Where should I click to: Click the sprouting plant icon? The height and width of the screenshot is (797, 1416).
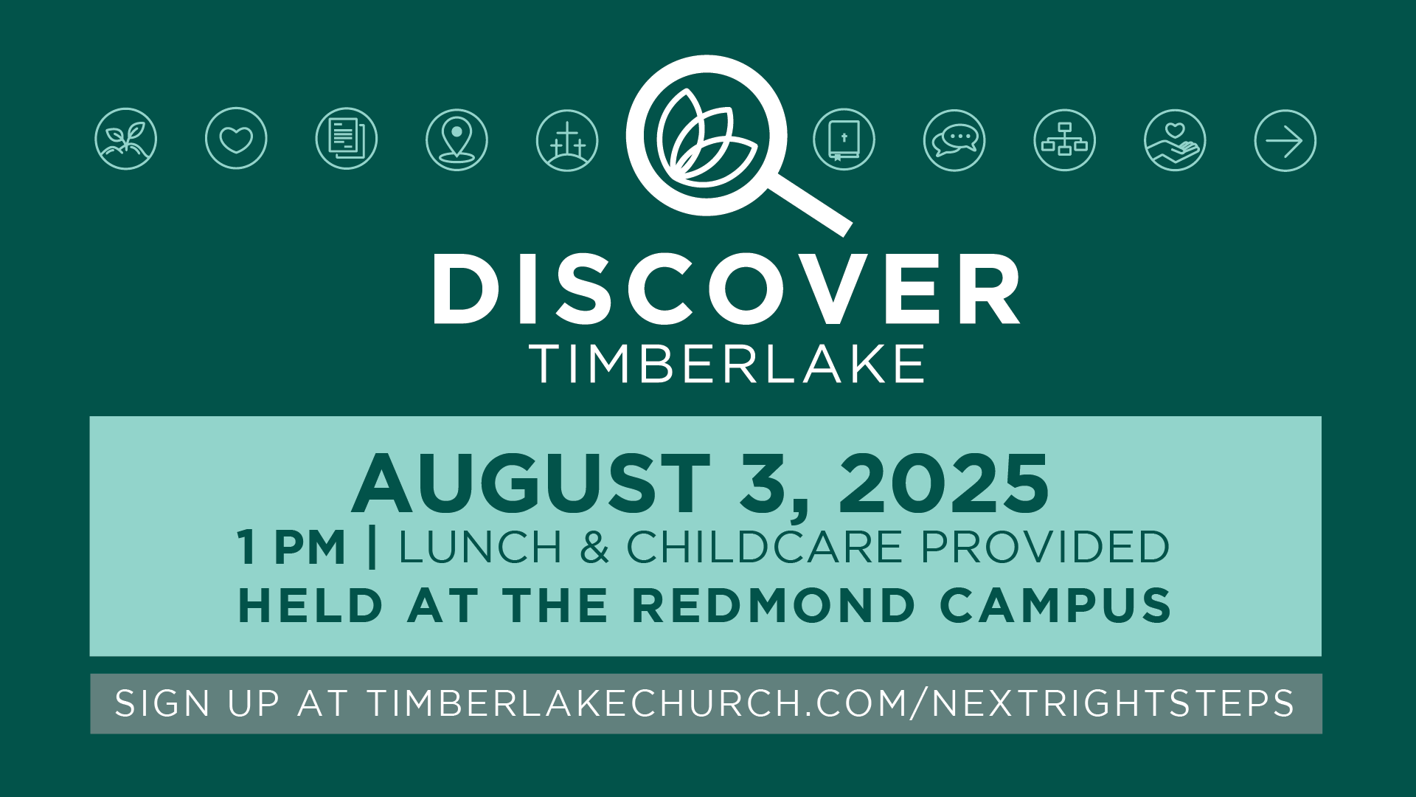coord(126,139)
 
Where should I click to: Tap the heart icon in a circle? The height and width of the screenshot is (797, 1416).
coord(236,139)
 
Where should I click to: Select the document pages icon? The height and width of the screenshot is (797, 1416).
coord(347,139)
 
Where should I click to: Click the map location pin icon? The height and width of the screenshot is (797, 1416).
coord(457,139)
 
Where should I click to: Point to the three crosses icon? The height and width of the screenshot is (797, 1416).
coord(567,140)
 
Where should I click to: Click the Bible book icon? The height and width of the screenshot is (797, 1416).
coord(844,139)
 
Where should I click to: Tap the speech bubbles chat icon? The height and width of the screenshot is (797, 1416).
coord(954,140)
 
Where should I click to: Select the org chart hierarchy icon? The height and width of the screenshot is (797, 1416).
coord(1065,140)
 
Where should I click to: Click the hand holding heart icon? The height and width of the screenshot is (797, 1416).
coord(1175,140)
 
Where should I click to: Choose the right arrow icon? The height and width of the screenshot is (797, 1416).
coord(1285,141)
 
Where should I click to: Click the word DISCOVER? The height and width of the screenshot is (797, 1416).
coord(726,289)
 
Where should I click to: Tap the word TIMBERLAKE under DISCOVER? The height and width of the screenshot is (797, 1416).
coord(727,363)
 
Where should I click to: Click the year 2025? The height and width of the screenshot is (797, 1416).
coord(944,483)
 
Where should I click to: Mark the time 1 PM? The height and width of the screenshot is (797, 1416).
coord(291,548)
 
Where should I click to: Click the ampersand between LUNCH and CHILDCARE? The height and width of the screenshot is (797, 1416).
coord(595,548)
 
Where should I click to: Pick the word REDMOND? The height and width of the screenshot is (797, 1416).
coord(774,606)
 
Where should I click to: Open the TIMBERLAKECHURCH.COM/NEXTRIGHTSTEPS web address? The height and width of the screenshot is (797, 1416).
coord(830,703)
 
